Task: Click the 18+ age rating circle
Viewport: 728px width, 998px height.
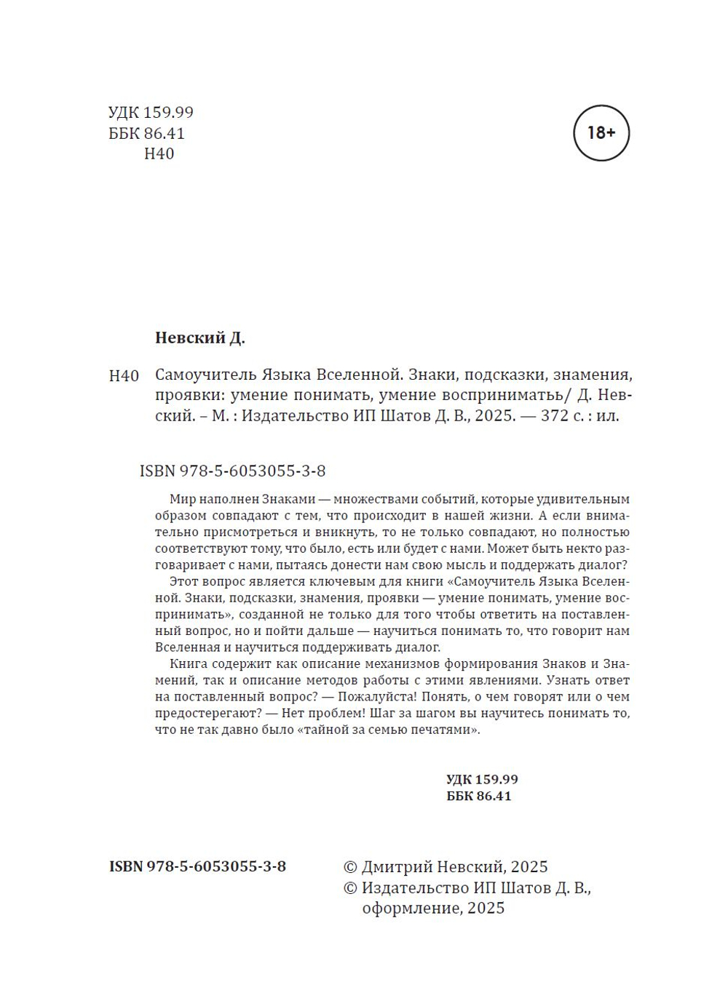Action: (x=601, y=133)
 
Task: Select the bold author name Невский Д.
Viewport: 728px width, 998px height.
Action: (x=200, y=338)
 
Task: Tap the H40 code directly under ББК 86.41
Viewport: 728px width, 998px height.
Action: (x=159, y=153)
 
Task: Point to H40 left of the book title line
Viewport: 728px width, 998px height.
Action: (x=124, y=376)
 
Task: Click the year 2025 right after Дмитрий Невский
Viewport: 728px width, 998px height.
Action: (x=529, y=867)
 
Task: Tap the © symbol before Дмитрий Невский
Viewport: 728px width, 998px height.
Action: (x=350, y=867)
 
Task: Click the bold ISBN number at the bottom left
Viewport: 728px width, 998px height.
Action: (x=197, y=866)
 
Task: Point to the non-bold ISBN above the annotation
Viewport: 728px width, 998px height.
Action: (x=232, y=471)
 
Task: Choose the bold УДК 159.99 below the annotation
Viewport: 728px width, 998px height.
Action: (x=482, y=779)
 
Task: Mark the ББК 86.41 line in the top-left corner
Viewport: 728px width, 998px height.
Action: (x=146, y=133)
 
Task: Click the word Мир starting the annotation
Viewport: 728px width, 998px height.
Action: (x=182, y=499)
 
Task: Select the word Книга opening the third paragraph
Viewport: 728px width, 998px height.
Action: (x=189, y=663)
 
